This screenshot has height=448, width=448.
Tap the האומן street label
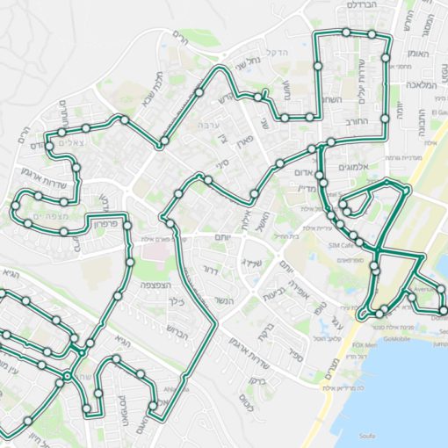pos(418,54)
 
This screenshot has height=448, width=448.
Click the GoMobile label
pos(397,337)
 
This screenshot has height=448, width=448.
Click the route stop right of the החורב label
pos(386,117)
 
